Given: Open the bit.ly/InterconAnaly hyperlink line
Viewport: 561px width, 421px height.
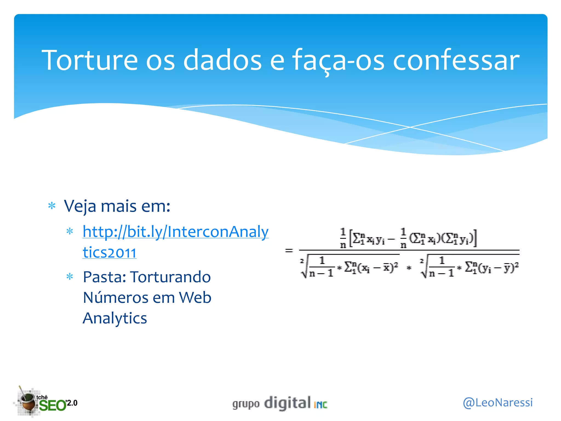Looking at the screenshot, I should (x=176, y=232).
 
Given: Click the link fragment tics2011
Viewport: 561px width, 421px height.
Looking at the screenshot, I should (x=109, y=252).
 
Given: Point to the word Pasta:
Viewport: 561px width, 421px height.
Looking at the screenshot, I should (x=104, y=277).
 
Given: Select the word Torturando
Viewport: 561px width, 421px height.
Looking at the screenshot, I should (x=170, y=277).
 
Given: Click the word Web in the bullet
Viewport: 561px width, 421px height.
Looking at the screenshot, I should (x=195, y=298).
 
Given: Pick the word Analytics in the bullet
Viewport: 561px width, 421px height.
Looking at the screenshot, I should (x=115, y=318).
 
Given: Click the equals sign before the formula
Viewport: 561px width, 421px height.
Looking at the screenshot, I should (x=289, y=250).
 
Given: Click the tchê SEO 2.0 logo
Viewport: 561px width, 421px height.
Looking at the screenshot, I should (x=47, y=402).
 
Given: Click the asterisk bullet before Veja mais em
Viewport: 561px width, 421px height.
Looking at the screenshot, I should (x=52, y=206).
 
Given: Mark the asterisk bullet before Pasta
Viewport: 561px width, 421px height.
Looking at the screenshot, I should (x=70, y=277).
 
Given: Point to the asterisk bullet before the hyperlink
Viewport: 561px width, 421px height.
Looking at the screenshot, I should (x=70, y=231).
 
